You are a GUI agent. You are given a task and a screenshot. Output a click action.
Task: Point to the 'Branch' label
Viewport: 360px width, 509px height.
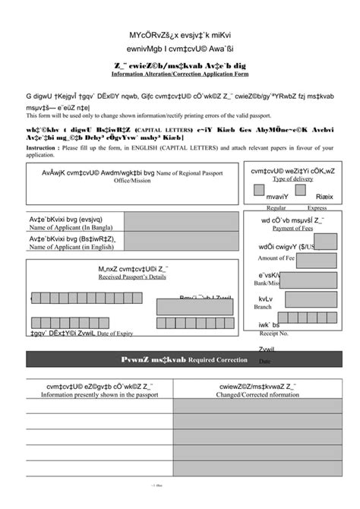[x=263, y=307]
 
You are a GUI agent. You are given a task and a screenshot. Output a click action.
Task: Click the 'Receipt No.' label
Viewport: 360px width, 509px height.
[x=273, y=334]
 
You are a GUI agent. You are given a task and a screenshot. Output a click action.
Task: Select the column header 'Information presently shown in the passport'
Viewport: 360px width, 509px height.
[x=99, y=395]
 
